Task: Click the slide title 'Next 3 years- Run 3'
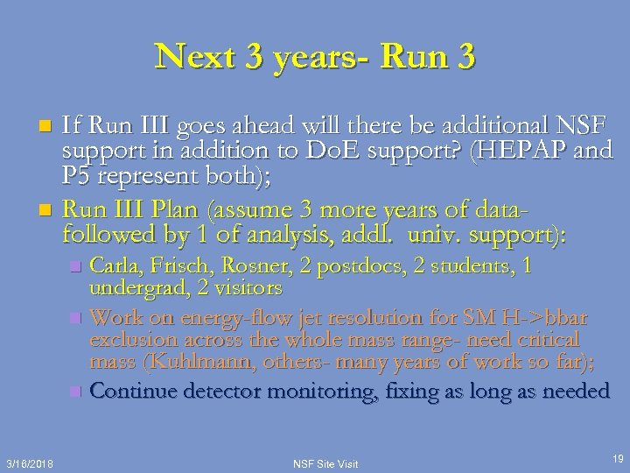pyautogui.click(x=315, y=57)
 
